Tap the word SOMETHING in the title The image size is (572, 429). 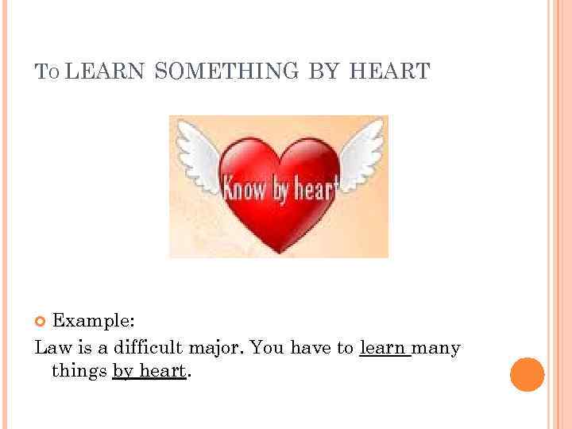click(x=226, y=72)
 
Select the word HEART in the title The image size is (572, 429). click(x=388, y=72)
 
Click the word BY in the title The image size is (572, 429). click(x=323, y=72)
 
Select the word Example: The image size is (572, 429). click(x=93, y=321)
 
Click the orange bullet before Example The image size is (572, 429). click(x=41, y=321)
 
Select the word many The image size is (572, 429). click(x=437, y=349)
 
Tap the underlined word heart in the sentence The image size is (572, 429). click(x=162, y=371)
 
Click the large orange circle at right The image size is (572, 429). click(x=527, y=374)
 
